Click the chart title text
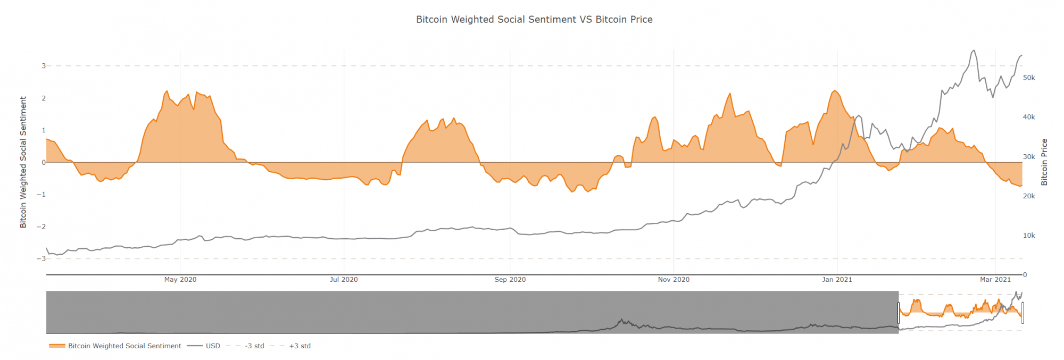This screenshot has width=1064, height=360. coord(534,20)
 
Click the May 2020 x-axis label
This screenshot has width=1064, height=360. coord(180,280)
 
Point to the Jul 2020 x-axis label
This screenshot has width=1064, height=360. coord(344,280)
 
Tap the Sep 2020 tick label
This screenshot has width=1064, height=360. coord(510,280)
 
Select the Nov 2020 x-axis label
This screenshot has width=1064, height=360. coord(674,280)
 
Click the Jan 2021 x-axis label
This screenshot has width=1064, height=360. coord(837,280)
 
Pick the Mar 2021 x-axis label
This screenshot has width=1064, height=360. coord(995,280)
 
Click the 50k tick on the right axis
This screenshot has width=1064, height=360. coord(1029,78)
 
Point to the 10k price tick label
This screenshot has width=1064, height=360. coord(1029,236)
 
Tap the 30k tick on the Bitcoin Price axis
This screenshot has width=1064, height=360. coord(1029,157)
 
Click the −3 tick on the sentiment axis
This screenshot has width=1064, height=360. coord(41,258)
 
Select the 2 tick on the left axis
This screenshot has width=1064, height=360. coord(44,98)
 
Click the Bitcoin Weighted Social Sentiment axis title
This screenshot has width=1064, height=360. coord(23,162)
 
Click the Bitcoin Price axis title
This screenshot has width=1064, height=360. coord(1044,162)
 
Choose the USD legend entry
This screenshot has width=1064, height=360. coord(213,346)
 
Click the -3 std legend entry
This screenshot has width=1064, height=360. coord(254,346)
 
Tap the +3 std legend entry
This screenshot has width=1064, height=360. coord(300,346)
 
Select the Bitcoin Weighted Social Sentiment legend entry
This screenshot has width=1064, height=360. coord(124,346)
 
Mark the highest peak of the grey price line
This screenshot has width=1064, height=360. coord(974,51)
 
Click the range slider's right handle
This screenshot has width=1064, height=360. coord(1023,313)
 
